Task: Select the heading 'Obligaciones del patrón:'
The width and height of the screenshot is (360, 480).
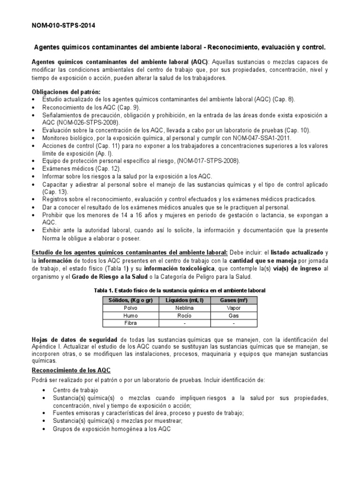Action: tap(66, 92)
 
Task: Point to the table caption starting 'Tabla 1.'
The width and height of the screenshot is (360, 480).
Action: tap(180, 291)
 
